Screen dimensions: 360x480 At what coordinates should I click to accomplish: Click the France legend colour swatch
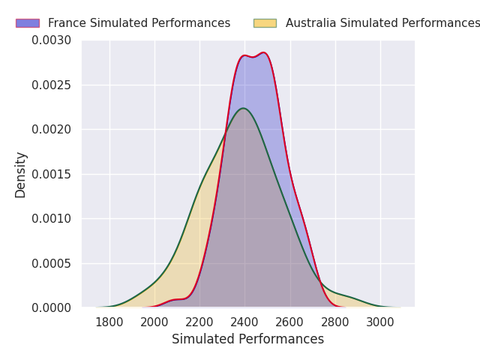click(27, 23)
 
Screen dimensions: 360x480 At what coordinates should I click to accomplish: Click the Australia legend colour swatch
click(265, 23)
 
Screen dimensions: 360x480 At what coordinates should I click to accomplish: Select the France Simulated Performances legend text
click(139, 23)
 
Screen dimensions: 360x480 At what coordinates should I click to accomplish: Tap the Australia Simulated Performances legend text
click(382, 23)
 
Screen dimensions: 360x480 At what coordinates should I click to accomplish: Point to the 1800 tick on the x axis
click(109, 322)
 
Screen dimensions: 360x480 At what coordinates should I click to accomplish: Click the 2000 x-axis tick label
click(154, 322)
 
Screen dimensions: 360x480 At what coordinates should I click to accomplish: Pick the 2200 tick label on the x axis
click(199, 322)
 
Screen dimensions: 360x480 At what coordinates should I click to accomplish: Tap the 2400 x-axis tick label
click(244, 322)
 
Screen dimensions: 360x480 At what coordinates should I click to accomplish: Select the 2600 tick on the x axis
click(290, 322)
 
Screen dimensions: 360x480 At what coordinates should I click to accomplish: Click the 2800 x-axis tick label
click(335, 322)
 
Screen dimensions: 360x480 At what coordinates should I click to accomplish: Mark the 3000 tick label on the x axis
click(380, 322)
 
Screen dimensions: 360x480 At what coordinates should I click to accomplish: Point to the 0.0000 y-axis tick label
click(52, 307)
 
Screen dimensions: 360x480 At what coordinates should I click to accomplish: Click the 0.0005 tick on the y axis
click(52, 263)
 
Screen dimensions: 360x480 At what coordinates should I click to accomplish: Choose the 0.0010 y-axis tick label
click(52, 218)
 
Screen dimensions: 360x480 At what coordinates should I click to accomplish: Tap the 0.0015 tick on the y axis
click(52, 174)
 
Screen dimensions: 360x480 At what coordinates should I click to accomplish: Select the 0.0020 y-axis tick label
click(52, 129)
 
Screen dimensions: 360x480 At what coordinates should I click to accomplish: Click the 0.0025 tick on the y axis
click(52, 85)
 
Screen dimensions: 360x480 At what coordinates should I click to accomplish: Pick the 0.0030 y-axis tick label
click(52, 40)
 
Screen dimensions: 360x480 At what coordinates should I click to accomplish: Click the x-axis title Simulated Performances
click(247, 340)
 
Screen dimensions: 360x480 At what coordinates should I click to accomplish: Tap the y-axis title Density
click(20, 174)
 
